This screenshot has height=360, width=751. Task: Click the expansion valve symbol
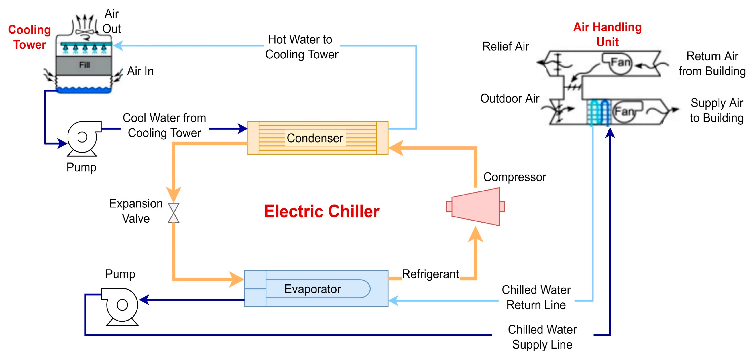click(x=174, y=213)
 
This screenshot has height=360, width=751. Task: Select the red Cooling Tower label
click(x=29, y=37)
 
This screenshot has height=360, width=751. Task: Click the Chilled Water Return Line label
click(x=536, y=297)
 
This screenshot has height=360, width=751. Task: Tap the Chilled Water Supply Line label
click(x=542, y=337)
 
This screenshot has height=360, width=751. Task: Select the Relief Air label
click(x=506, y=46)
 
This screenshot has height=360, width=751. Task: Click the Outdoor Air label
click(x=510, y=98)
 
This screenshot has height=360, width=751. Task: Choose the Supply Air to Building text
click(x=717, y=110)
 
